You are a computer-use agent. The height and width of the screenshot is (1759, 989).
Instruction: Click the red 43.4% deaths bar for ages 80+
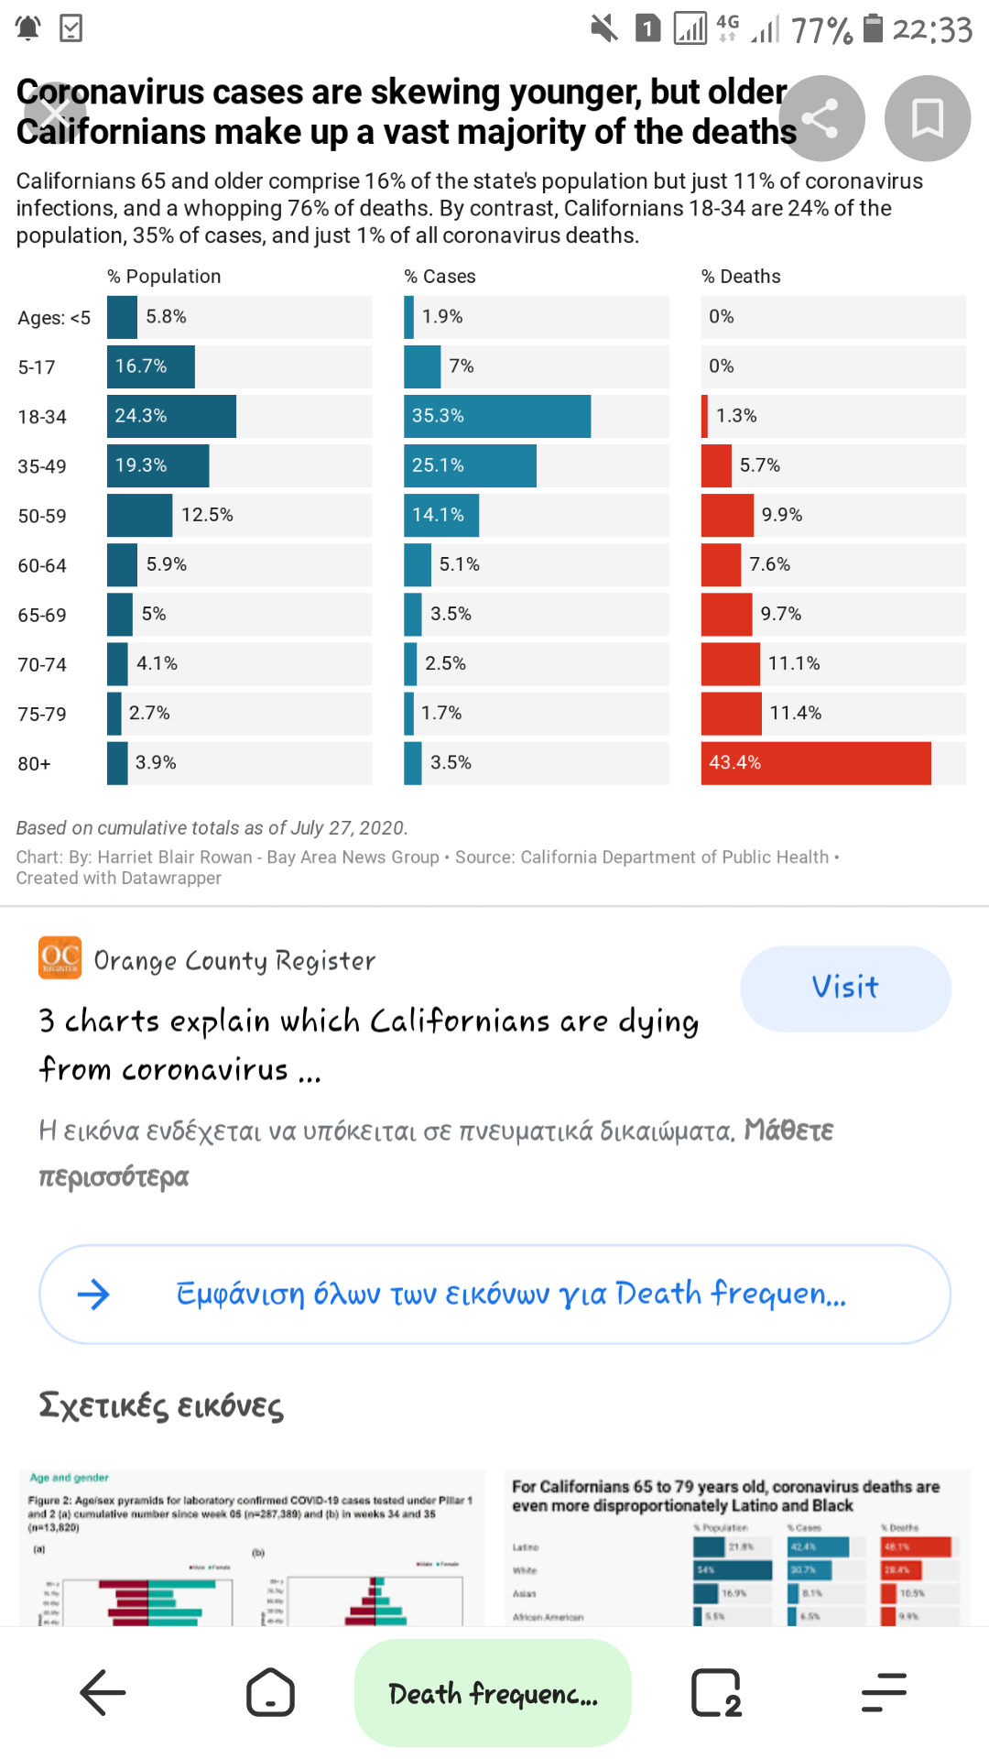(815, 763)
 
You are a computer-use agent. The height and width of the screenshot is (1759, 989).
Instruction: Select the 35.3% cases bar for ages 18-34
(497, 416)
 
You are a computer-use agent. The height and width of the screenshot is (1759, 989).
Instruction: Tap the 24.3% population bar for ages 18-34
(171, 416)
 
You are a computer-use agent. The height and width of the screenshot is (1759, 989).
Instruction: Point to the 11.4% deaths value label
(795, 713)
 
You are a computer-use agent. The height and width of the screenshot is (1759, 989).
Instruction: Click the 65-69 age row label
(42, 615)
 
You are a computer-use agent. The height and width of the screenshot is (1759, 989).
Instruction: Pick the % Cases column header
(440, 277)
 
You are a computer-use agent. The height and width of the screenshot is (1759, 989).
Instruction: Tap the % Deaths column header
(741, 277)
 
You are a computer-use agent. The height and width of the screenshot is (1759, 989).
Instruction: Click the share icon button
(821, 118)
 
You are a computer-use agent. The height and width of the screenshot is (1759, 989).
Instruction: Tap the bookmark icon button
(927, 118)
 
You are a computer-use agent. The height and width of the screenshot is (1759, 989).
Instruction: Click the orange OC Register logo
(60, 957)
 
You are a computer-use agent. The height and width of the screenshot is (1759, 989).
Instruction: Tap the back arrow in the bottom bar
(103, 1692)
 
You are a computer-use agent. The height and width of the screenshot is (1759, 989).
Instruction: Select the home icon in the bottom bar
(270, 1692)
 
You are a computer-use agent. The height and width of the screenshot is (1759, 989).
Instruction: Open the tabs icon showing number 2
(716, 1692)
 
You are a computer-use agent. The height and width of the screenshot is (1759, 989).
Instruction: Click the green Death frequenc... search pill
(493, 1693)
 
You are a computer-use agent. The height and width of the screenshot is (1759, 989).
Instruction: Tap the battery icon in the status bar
(874, 28)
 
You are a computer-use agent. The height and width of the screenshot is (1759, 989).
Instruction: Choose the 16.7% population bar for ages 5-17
(150, 366)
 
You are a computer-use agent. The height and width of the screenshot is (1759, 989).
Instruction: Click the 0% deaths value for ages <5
(722, 317)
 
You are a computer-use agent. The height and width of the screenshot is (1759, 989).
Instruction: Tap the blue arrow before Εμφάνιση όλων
(93, 1294)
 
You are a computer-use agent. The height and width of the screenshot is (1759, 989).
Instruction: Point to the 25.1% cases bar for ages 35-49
(470, 465)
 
